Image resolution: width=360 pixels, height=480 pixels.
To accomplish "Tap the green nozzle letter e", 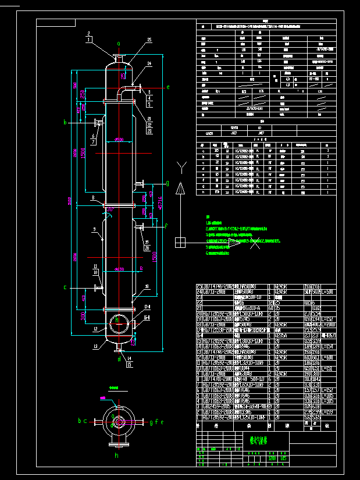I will tap(168, 87).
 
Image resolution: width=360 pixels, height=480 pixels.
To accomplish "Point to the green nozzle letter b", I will tap(65, 122).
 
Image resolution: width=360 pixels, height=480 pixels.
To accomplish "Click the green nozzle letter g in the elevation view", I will tap(167, 184).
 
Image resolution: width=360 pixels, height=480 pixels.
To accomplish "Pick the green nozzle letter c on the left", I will tap(65, 287).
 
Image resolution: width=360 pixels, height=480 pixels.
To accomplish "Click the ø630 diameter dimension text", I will tap(120, 269).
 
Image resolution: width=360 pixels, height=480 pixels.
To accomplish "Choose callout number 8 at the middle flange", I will tap(92, 198).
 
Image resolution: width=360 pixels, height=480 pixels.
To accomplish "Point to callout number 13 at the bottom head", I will tap(94, 346).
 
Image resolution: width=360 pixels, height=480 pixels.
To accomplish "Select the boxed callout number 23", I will tap(149, 131).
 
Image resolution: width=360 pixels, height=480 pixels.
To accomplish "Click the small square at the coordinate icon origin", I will tap(181, 242).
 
